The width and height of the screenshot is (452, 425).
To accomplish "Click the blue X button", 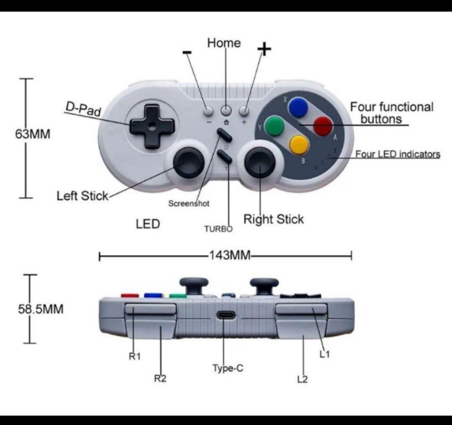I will click(299, 107).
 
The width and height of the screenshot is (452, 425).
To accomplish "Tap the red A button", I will click(323, 126).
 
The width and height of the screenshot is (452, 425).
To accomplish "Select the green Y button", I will click(275, 125).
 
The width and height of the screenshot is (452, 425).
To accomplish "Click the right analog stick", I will click(259, 162).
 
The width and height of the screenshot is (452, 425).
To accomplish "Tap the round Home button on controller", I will click(226, 110).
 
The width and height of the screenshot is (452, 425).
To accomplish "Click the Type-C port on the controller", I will click(226, 316).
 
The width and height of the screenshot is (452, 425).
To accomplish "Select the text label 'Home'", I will click(224, 43).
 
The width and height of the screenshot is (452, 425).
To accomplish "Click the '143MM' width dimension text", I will click(229, 255).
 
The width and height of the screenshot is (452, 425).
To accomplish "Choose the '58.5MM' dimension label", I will click(41, 309).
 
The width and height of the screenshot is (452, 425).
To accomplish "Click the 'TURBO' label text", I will click(218, 229).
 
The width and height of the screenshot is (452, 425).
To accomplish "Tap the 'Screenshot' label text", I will click(189, 204).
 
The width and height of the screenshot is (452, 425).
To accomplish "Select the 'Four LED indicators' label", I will click(398, 154).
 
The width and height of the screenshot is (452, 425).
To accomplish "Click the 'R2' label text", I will click(160, 379).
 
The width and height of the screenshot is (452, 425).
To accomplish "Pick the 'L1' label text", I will click(325, 355).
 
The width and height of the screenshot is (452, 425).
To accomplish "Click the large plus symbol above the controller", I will click(264, 49).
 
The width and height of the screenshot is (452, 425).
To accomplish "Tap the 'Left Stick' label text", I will click(82, 196).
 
